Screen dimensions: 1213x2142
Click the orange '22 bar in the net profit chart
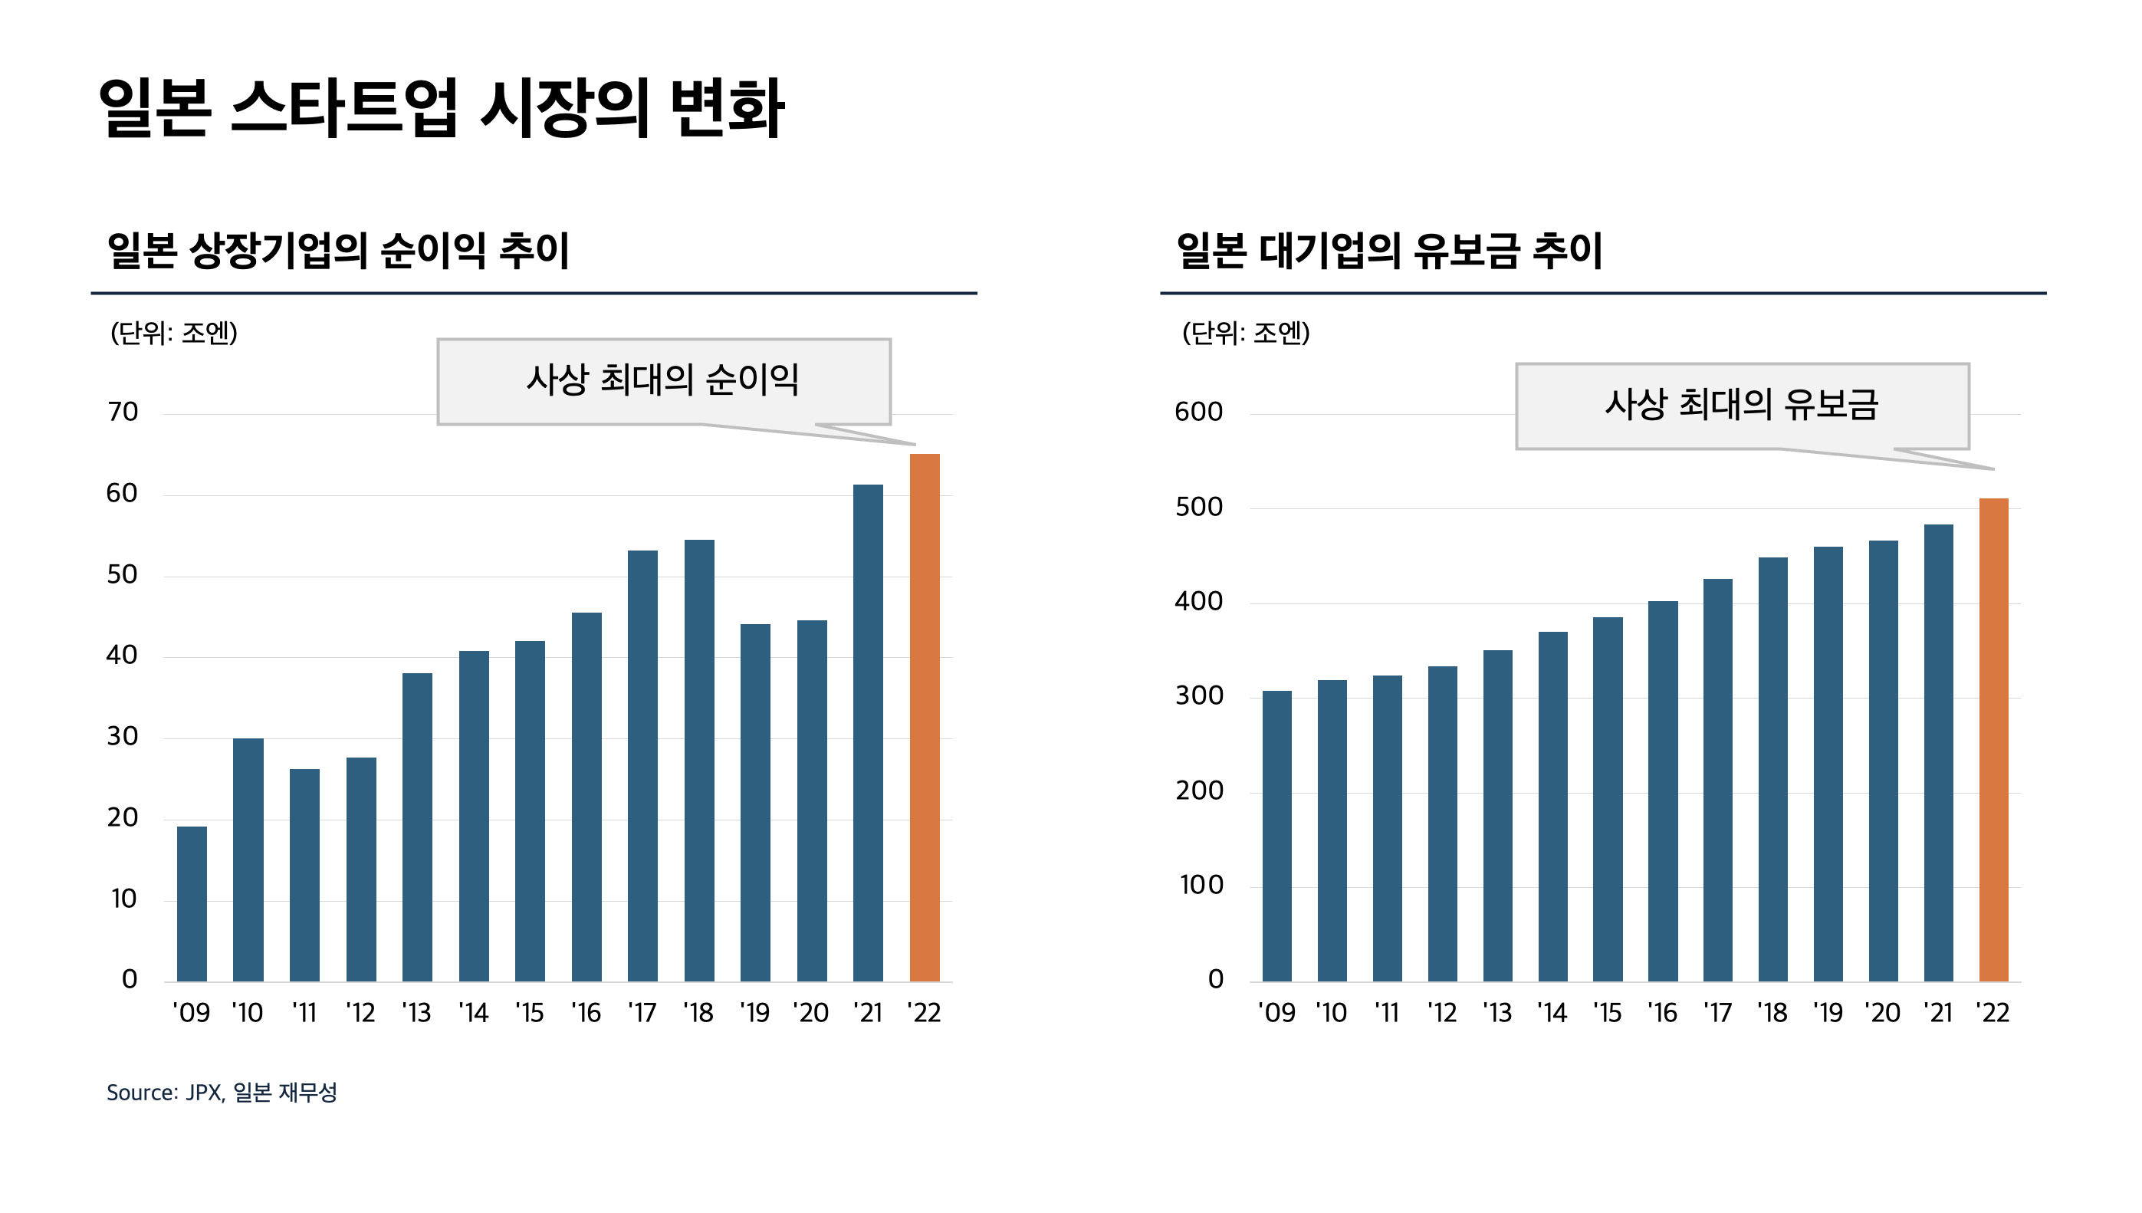[x=925, y=718]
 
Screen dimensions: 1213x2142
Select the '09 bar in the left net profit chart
[x=192, y=904]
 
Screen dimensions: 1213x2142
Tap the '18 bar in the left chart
[x=698, y=761]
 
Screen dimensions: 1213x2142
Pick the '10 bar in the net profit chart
[x=248, y=860]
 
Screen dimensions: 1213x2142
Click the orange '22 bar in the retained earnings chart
[x=1993, y=740]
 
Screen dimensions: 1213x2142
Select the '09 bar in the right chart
[x=1276, y=837]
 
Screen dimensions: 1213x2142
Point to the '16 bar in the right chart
[x=1662, y=791]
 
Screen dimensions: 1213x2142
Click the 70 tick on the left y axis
[x=123, y=412]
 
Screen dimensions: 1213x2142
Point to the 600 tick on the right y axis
[x=1198, y=412]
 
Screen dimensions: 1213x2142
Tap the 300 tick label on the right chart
[x=1198, y=695]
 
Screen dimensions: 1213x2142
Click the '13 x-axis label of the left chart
[x=416, y=1013]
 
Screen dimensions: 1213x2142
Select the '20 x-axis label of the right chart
[x=1883, y=1013]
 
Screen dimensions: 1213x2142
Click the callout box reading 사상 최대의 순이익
[x=663, y=381]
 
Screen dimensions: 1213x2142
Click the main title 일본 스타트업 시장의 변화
[x=441, y=108]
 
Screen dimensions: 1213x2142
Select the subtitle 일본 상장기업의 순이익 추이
[x=338, y=250]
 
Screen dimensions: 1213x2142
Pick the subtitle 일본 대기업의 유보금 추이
[x=1389, y=250]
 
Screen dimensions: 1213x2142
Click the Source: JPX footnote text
[x=222, y=1092]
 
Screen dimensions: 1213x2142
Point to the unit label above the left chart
[x=174, y=334]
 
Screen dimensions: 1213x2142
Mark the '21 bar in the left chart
[x=868, y=733]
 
